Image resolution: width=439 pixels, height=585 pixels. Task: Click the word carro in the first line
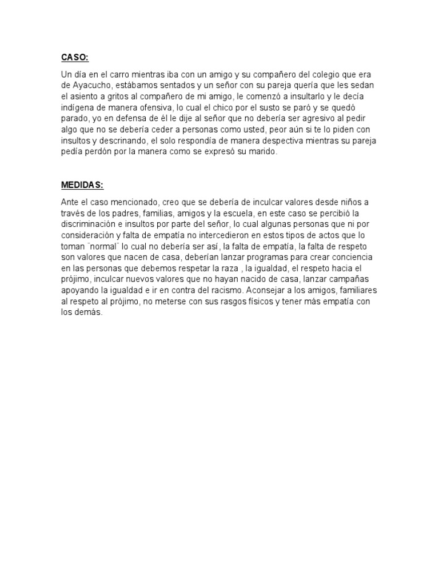pyautogui.click(x=114, y=75)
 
